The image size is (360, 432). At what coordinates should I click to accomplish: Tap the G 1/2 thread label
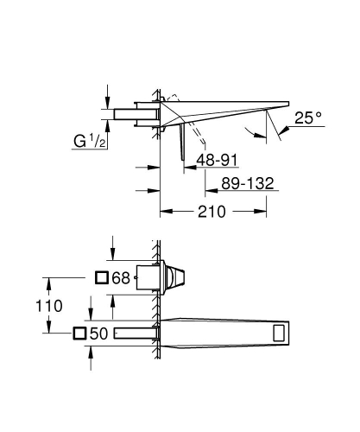(86, 139)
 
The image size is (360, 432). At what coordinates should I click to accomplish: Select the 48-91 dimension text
(216, 160)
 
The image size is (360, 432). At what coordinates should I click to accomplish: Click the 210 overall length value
(218, 210)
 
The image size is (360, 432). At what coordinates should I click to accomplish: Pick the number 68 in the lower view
(121, 278)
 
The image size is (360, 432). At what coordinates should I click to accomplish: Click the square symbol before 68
(101, 278)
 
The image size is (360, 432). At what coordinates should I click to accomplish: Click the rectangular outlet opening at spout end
(281, 334)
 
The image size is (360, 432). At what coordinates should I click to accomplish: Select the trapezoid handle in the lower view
(177, 278)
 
